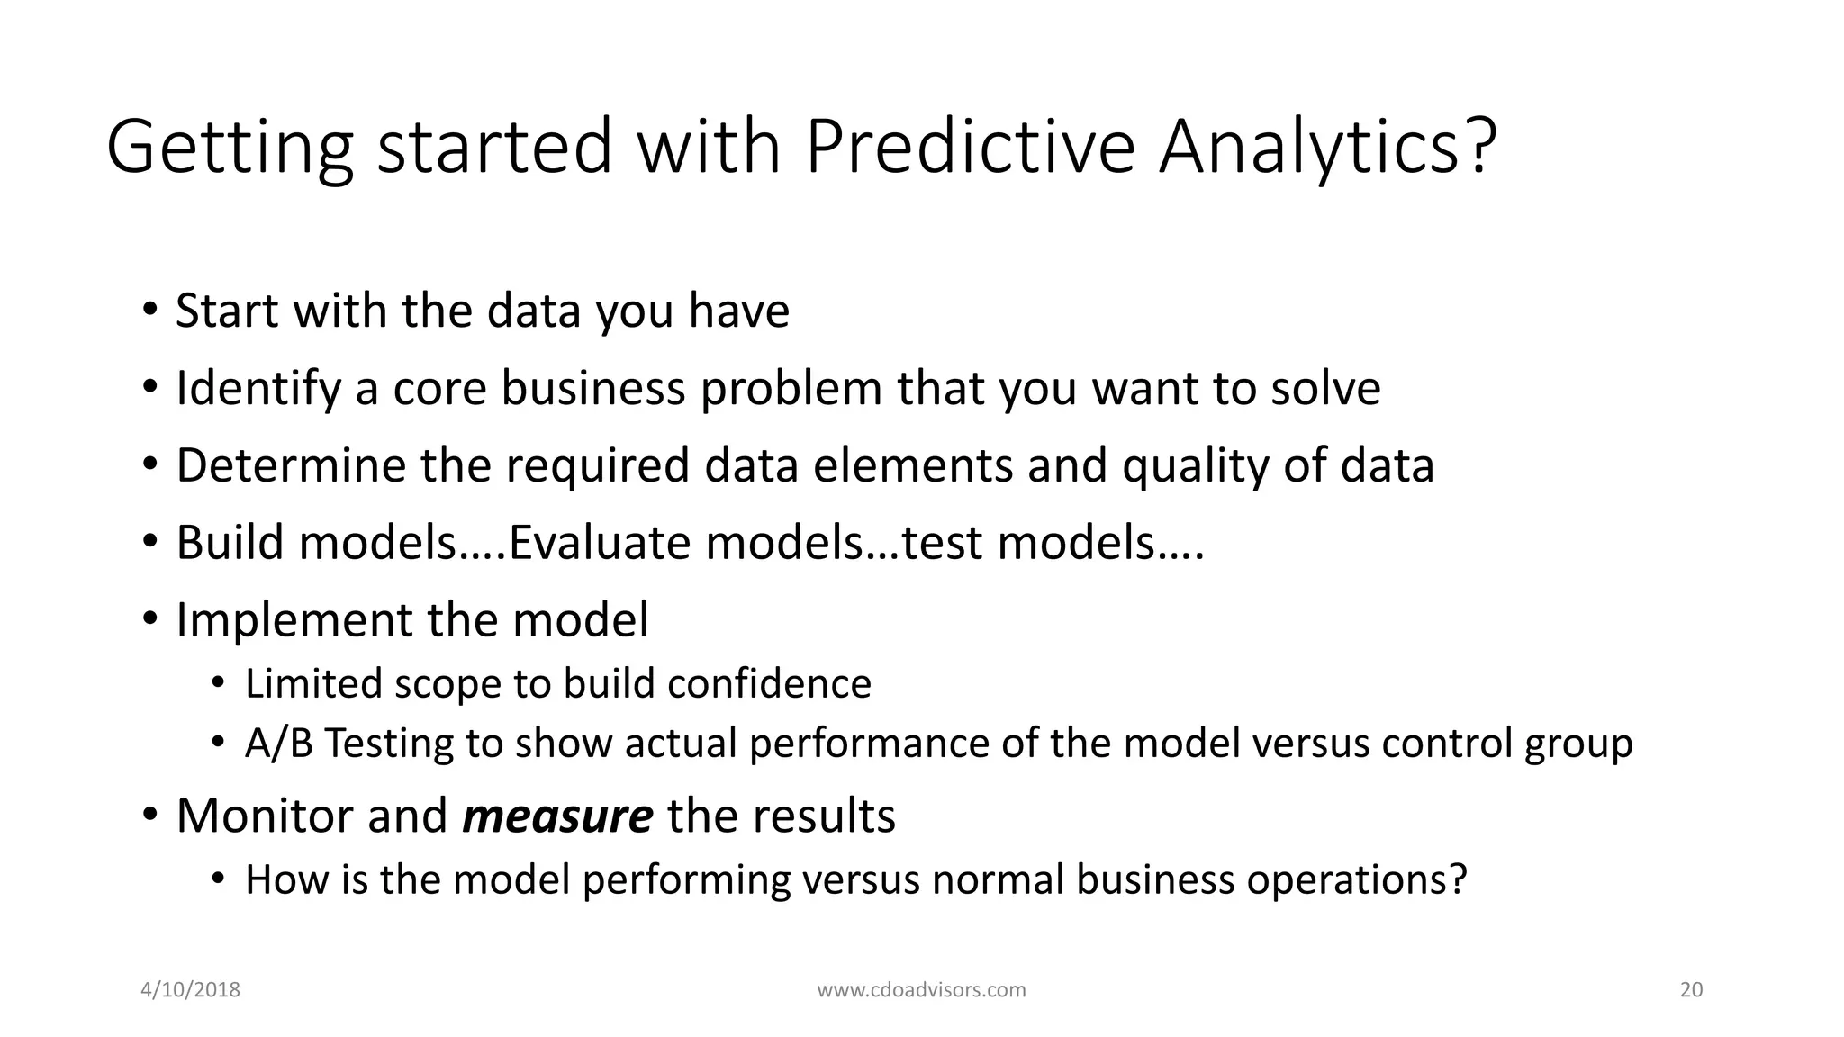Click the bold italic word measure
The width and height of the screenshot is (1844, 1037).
click(x=557, y=816)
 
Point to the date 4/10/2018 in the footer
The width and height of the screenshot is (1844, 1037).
click(x=191, y=990)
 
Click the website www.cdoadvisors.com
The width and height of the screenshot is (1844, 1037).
click(x=921, y=990)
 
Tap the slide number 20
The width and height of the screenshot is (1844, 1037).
click(x=1691, y=990)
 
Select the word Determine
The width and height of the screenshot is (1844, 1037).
click(x=289, y=466)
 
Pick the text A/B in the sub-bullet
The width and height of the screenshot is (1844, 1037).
click(x=278, y=744)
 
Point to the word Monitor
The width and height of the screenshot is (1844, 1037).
click(x=262, y=816)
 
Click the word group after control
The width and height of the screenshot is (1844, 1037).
click(x=1578, y=744)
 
